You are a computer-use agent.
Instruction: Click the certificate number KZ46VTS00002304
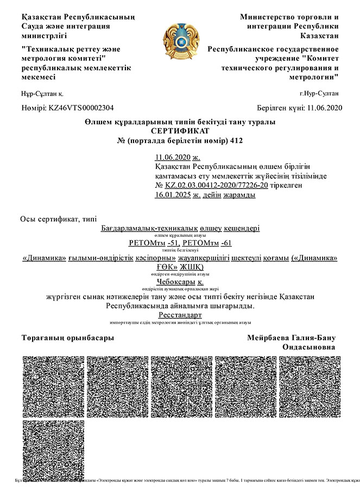80,108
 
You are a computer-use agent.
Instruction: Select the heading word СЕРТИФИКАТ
180,131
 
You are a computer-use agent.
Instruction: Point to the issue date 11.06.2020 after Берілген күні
324,108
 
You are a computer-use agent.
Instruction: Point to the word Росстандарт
180,315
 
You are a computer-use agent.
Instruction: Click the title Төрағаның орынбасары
67,337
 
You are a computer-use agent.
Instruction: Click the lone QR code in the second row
52,449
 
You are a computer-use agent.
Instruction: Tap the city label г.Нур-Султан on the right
323,94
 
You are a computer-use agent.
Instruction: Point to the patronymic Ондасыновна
309,347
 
